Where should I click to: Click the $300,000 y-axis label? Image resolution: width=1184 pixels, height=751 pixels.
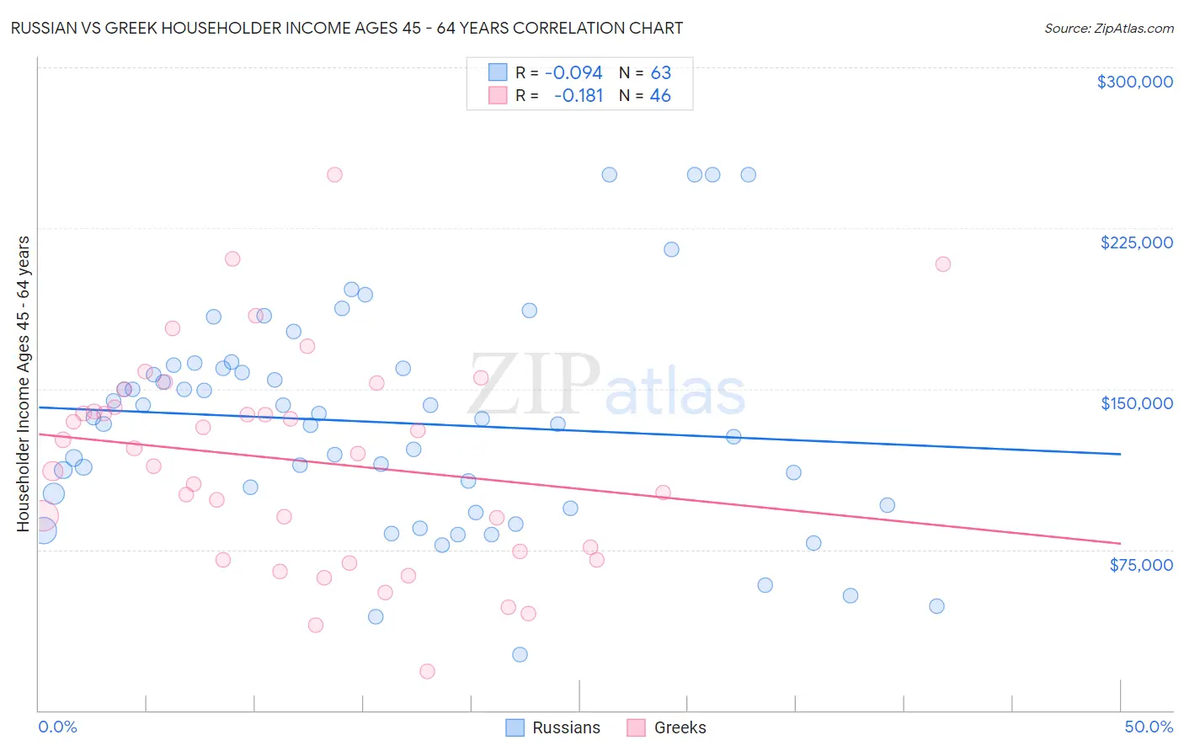(1134, 82)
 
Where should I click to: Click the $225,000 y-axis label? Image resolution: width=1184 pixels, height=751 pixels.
(1136, 242)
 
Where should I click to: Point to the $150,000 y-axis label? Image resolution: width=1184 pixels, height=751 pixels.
(1136, 403)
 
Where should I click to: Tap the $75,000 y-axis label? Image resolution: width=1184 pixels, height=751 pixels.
(1140, 565)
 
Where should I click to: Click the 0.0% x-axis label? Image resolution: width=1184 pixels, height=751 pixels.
(57, 727)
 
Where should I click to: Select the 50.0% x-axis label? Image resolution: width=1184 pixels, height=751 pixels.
(1149, 727)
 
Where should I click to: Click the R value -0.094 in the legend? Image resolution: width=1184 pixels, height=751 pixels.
(573, 72)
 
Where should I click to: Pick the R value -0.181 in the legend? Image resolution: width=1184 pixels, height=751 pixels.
(579, 96)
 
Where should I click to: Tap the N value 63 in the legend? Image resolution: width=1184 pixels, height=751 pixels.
(660, 72)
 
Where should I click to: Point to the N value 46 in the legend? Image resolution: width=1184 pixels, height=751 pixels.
(660, 96)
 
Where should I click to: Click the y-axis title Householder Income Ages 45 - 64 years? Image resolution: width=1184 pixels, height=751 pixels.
(24, 384)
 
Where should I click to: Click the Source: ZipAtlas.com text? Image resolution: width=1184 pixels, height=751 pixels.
(1108, 28)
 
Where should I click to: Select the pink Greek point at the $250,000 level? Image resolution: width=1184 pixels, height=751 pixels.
(334, 175)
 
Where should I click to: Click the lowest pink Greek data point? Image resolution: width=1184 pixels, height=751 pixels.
(427, 671)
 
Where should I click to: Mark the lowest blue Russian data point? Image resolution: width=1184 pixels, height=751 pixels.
(520, 654)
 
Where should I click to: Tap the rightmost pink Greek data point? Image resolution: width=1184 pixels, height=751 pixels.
(943, 264)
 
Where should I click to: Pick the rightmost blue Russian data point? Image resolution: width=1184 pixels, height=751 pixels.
(936, 606)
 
